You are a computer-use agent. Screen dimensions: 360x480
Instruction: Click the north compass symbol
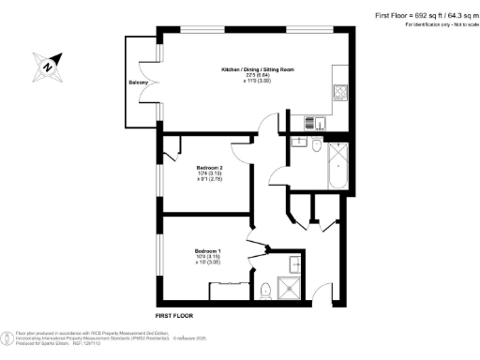[x=45, y=67]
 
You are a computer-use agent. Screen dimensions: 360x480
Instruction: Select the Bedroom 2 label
[x=207, y=167]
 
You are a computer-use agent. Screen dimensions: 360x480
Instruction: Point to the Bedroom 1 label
[x=207, y=251]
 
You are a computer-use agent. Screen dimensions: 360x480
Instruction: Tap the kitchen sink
[x=315, y=121]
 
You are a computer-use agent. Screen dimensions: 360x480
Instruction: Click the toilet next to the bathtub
[x=316, y=147]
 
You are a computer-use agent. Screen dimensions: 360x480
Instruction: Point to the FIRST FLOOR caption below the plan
[x=176, y=316]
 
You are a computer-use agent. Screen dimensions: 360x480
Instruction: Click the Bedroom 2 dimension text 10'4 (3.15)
[x=207, y=172]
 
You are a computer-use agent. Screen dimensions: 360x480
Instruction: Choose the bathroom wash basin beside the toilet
[x=298, y=142]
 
